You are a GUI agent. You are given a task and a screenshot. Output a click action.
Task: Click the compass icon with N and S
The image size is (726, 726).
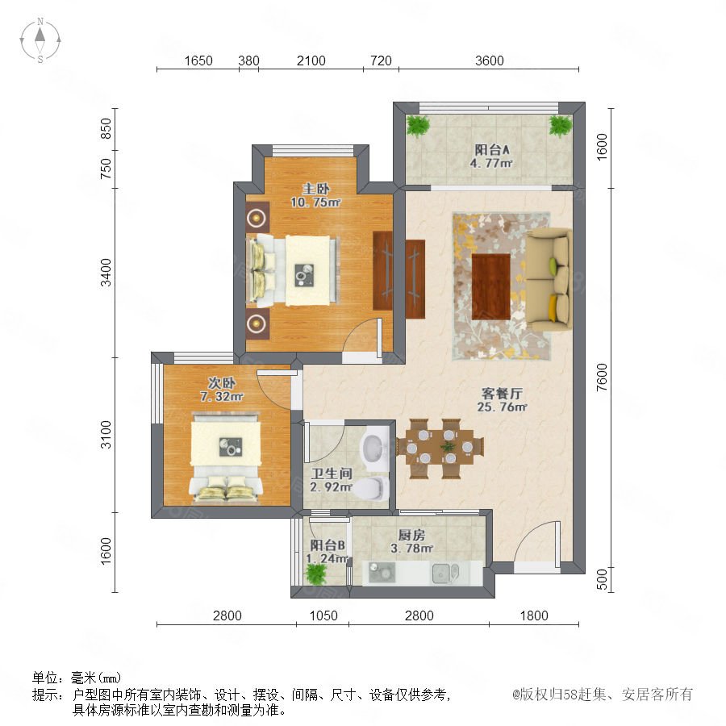pos(40,40)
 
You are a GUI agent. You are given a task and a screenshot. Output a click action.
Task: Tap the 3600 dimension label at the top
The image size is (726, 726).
pos(490,60)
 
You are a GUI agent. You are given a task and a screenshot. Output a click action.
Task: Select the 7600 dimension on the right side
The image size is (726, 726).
pos(602,378)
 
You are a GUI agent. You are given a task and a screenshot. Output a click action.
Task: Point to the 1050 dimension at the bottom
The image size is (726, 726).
pos(323,615)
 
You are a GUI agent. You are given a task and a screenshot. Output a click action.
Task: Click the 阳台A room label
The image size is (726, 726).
pos(492,150)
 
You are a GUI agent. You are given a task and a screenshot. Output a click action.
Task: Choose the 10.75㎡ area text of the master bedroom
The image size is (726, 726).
pos(315,202)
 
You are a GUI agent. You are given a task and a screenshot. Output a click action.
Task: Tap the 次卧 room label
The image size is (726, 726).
pos(221,383)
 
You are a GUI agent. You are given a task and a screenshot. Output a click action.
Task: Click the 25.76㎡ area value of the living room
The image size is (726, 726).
pos(503,407)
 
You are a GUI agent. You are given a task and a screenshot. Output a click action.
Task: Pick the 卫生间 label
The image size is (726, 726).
pos(332,474)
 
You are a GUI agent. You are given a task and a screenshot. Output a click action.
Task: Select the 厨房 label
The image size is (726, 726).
pos(411,536)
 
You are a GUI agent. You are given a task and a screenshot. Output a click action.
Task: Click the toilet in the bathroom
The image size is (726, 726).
pos(372,490)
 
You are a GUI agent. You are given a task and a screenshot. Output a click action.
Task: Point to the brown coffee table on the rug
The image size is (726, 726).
pos(491,286)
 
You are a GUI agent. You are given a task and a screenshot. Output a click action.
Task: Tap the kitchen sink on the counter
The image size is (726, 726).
pos(445,574)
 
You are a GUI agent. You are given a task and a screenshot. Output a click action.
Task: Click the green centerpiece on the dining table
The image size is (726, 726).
pos(447,447)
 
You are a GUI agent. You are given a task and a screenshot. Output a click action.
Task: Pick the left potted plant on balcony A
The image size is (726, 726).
pos(418,125)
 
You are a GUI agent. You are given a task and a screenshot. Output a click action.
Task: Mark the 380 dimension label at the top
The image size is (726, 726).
pos(248,60)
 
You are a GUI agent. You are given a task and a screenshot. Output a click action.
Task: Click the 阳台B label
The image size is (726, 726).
pos(328,545)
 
